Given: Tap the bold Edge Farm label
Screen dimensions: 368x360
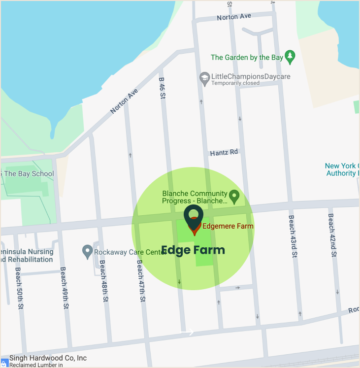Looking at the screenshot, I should [193, 250].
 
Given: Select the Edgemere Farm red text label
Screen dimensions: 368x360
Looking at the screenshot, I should [228, 227].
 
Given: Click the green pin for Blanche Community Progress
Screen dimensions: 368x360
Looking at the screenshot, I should [234, 197].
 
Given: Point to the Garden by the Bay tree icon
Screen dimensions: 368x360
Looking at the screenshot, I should [290, 57].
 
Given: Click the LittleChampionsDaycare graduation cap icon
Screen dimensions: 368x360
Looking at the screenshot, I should [204, 77].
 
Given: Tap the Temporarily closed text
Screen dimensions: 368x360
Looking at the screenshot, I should [235, 83].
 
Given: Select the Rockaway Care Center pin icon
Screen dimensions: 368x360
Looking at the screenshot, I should [87, 252].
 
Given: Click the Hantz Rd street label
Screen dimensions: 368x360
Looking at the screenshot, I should [224, 153].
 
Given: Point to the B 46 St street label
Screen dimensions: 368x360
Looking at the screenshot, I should [162, 88].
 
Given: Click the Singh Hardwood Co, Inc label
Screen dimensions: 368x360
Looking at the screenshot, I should [48, 358].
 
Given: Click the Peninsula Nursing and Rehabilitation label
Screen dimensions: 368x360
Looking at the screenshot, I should [27, 256].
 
